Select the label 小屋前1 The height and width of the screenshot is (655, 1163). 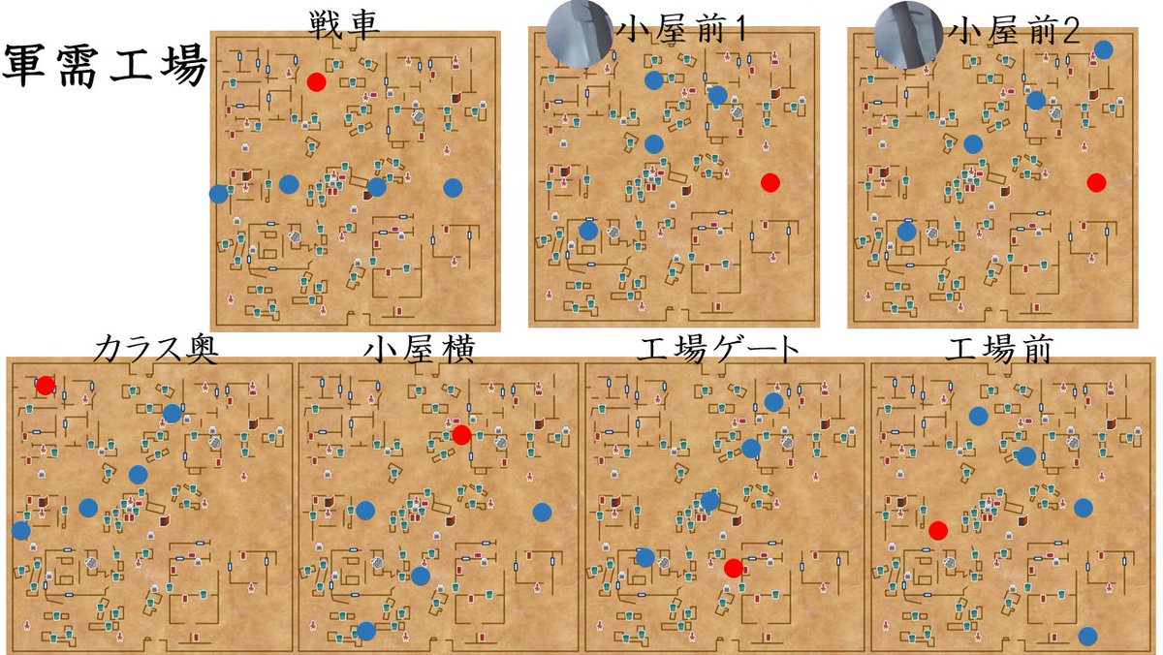pyautogui.click(x=682, y=32)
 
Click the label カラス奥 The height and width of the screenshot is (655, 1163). pyautogui.click(x=155, y=351)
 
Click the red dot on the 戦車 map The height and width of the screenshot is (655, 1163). pyautogui.click(x=316, y=82)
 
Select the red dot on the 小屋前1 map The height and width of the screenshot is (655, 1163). pyautogui.click(x=770, y=182)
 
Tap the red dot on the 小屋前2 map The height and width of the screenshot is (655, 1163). pyautogui.click(x=1096, y=182)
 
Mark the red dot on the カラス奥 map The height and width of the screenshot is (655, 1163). pyautogui.click(x=45, y=386)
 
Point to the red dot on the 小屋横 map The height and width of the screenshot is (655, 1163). pyautogui.click(x=461, y=435)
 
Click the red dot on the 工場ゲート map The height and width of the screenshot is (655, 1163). pyautogui.click(x=734, y=567)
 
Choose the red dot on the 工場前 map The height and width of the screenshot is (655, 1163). pyautogui.click(x=937, y=530)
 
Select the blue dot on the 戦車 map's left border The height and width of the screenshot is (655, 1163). pyautogui.click(x=218, y=194)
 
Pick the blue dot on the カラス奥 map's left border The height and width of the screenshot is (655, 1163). pyautogui.click(x=20, y=530)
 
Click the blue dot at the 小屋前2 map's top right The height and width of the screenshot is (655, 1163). pyautogui.click(x=1103, y=49)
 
